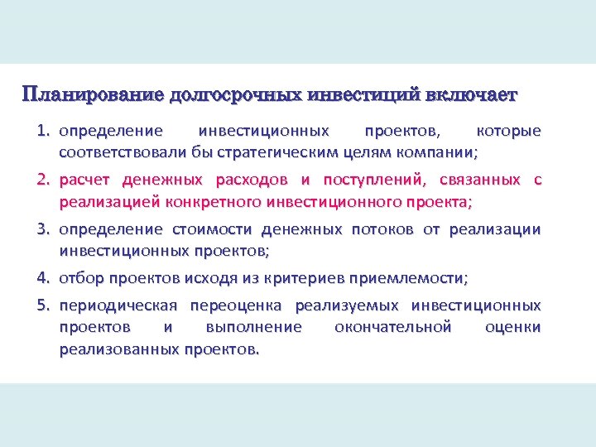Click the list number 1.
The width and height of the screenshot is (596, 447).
point(42,132)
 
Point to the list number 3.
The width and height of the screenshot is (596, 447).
point(42,229)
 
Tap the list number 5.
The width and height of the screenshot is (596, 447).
point(42,305)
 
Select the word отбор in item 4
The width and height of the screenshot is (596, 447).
point(79,277)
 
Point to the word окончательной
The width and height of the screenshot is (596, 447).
point(393,327)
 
